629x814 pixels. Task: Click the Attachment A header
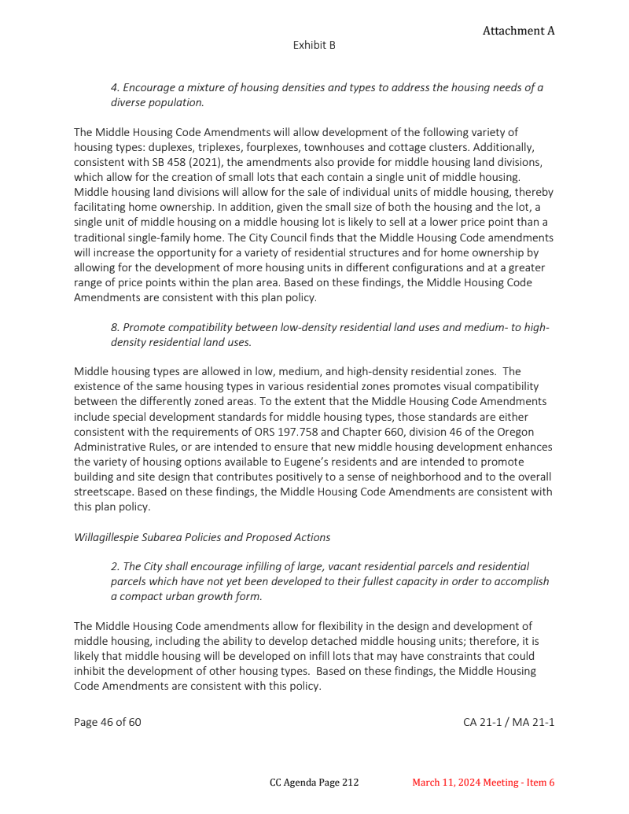coord(518,31)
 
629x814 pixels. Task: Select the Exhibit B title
coord(314,45)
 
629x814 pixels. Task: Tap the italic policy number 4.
coord(114,87)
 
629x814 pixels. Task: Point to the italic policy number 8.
coord(114,326)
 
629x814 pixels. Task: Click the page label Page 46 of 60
coord(108,721)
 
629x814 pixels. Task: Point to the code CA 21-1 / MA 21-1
coord(509,721)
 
